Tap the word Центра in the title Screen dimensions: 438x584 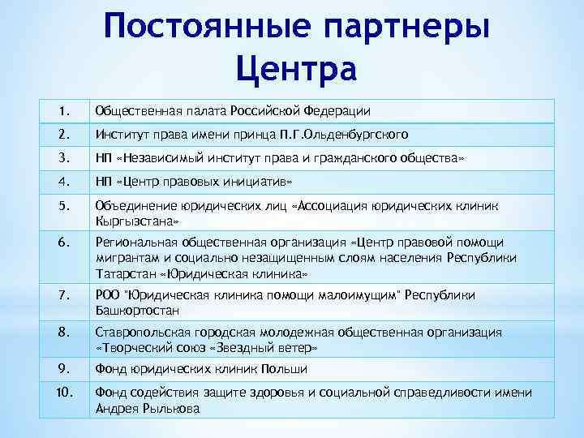(x=296, y=68)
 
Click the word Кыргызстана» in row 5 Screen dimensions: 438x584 (x=134, y=220)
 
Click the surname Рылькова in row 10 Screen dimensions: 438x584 (x=172, y=409)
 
